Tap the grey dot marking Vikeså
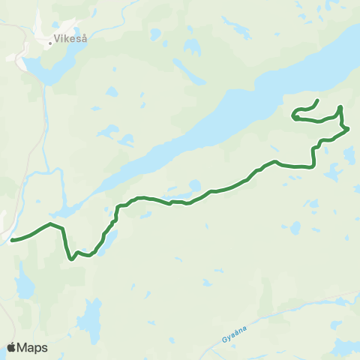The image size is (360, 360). [50, 43]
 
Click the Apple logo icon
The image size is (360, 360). [12, 347]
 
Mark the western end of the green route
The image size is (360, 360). [12, 241]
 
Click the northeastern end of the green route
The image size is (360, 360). [318, 100]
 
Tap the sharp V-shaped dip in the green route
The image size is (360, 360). [71, 259]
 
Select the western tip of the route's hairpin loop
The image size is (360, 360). [293, 116]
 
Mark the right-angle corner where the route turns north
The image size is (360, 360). [313, 166]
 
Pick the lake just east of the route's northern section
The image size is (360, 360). [349, 154]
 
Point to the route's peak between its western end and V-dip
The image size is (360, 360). [50, 223]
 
